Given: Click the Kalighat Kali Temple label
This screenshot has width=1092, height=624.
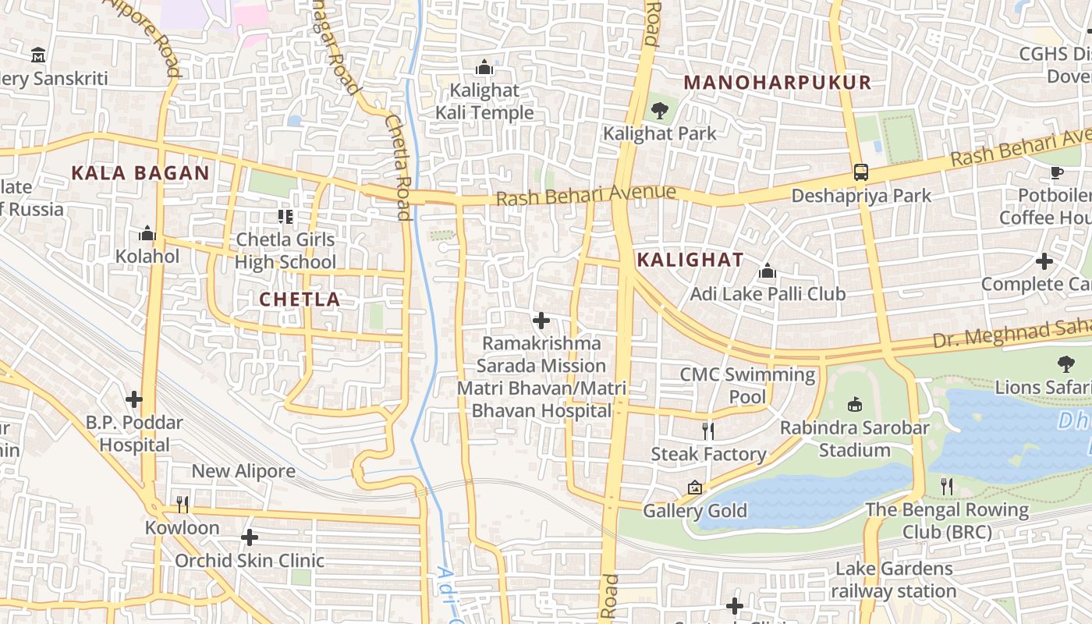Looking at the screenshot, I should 484,101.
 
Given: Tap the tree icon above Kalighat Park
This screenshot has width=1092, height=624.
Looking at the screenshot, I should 660,110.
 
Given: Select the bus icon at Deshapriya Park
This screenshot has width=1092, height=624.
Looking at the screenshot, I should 861,172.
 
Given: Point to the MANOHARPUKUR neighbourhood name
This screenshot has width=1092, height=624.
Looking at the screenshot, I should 777,83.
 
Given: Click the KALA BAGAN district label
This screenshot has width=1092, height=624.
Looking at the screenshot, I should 140,173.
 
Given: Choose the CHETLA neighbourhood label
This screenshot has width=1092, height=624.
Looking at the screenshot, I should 300,300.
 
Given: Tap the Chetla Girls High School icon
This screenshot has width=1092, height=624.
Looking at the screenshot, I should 285,216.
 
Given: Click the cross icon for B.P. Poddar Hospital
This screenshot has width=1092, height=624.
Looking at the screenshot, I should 134,400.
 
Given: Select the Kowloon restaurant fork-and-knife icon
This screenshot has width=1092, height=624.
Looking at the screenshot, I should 183,505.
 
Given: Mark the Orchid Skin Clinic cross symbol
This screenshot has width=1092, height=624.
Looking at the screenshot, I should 250,537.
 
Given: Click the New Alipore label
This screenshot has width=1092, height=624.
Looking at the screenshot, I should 243,471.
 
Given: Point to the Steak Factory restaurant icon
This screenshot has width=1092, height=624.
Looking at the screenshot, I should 708,431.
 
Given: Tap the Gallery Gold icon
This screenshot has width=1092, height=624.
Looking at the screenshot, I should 695,488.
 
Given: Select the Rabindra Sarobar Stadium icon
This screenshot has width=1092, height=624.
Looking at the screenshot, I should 855,405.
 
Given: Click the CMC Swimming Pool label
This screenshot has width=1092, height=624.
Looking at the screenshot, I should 747,385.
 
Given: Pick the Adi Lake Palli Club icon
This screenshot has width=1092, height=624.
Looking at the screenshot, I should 768,271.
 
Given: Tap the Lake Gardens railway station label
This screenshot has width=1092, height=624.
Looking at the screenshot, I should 894,580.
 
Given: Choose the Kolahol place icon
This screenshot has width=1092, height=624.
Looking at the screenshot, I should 147,233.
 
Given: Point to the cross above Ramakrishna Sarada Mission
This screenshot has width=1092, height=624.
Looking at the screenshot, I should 541,321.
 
